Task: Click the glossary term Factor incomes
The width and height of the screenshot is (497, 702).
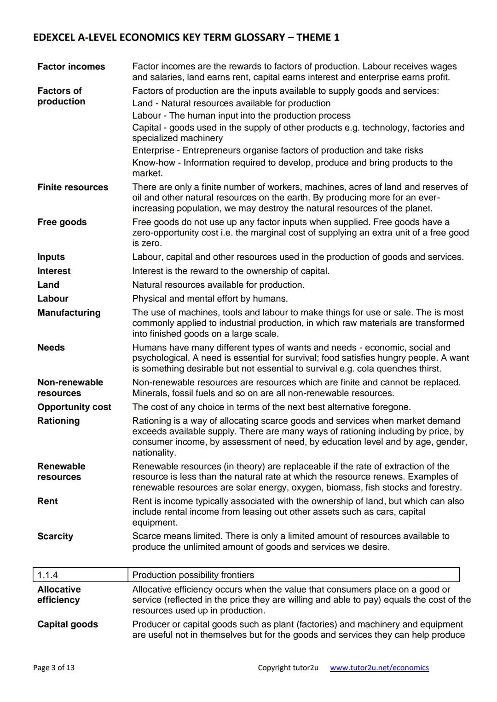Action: [71, 67]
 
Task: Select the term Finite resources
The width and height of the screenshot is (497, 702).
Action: [73, 187]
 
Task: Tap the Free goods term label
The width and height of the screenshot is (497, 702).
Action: [62, 222]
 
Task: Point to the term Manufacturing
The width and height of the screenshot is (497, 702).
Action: [69, 313]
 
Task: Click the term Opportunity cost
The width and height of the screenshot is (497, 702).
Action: [74, 407]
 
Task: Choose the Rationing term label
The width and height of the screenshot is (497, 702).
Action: [58, 421]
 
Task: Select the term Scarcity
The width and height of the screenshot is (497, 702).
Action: [55, 536]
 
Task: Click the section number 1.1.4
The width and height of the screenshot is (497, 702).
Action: [48, 575]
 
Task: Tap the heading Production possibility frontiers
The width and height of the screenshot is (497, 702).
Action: [193, 575]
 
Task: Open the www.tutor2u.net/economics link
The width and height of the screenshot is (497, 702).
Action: [379, 668]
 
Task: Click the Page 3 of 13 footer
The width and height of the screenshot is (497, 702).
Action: [54, 668]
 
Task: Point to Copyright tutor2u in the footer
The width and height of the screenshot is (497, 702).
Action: [288, 668]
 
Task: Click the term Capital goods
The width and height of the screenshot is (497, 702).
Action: [68, 624]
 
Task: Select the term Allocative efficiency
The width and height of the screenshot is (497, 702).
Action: [59, 594]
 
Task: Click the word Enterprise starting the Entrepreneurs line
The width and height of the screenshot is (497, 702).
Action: [153, 150]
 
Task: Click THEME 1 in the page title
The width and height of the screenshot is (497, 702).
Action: [318, 37]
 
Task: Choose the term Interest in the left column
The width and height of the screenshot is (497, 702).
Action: [54, 271]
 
